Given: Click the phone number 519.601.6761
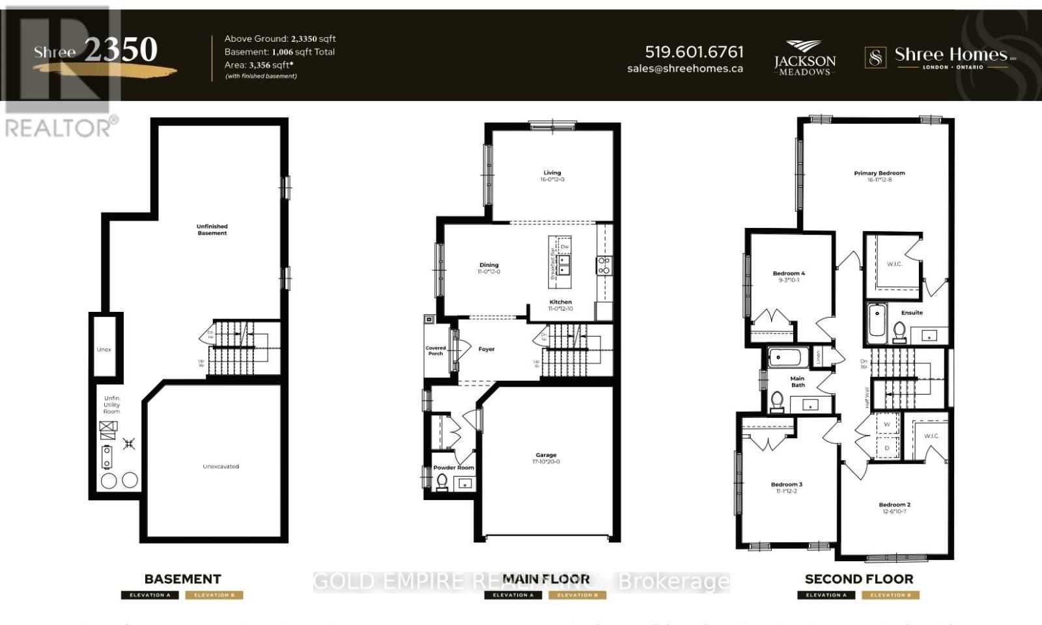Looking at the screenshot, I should (x=694, y=51).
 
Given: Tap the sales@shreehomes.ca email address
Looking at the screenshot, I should (x=684, y=68).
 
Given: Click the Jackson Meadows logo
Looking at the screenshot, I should (x=805, y=58).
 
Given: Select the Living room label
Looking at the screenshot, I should (x=552, y=173).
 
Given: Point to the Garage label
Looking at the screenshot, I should (x=546, y=455).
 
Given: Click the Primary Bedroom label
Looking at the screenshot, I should (x=879, y=173).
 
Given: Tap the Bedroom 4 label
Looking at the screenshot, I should (x=789, y=273).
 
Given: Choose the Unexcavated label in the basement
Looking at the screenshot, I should (x=221, y=466).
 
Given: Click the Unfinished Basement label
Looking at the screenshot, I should (x=212, y=229).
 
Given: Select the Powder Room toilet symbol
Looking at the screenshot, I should (x=442, y=481).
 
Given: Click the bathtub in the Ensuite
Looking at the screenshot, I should (x=877, y=324).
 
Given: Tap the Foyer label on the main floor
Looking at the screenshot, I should (x=486, y=349).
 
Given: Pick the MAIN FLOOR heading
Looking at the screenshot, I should (x=546, y=579).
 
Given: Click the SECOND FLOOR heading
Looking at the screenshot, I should (x=858, y=579).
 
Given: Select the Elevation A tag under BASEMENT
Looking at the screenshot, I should (x=150, y=595).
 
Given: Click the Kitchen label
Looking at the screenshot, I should (x=560, y=302).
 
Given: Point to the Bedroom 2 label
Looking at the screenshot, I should (x=894, y=505).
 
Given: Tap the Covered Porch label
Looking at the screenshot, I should (x=436, y=350).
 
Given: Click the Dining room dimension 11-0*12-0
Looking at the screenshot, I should (x=488, y=271).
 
